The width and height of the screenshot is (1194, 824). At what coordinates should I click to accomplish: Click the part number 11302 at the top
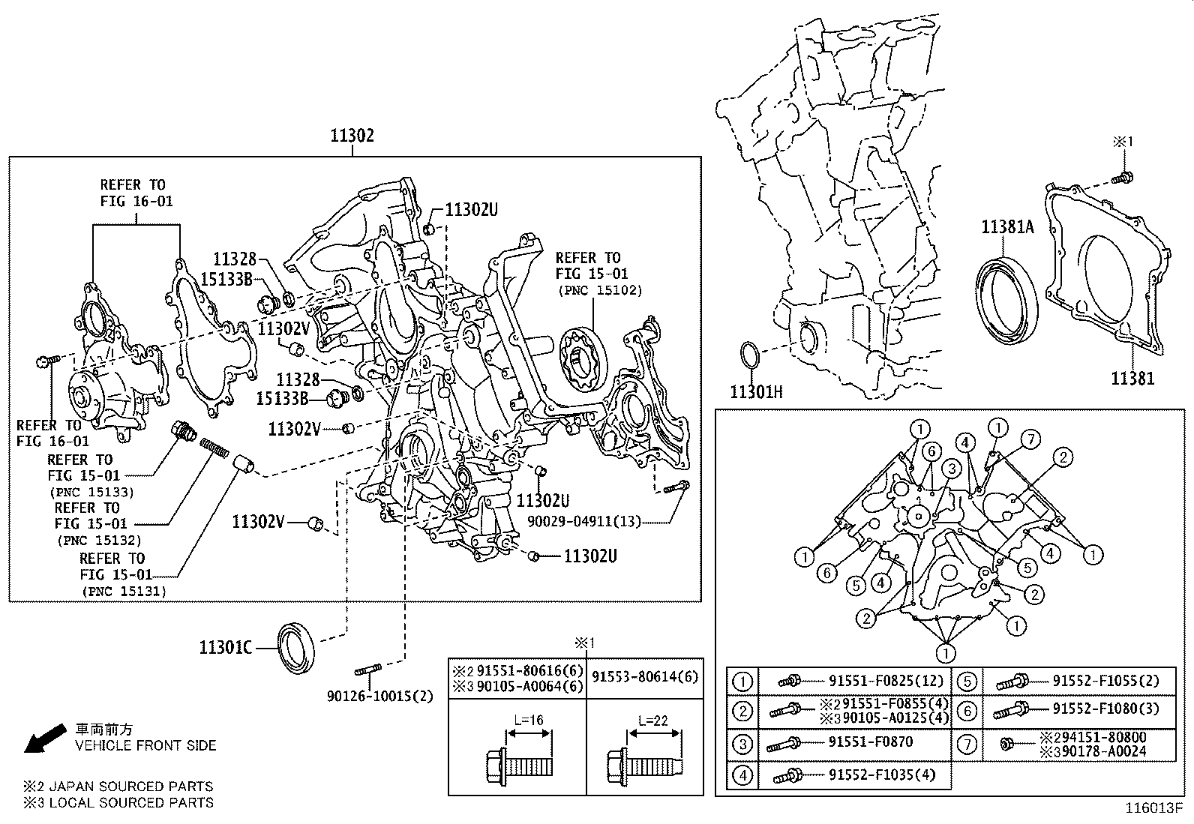pos(352,136)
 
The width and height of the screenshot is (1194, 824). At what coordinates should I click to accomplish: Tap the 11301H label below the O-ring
pos(756,392)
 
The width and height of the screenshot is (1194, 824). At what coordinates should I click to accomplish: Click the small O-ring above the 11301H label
pos(751,356)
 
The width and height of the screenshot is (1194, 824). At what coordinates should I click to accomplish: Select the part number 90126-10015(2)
pos(380,697)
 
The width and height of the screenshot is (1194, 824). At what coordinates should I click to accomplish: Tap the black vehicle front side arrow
pos(43,736)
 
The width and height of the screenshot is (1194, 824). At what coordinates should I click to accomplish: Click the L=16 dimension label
pos(529,720)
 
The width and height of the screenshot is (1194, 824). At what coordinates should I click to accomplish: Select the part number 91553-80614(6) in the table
pos(645,676)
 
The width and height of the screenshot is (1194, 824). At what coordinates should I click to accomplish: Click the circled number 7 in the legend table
pos(967,744)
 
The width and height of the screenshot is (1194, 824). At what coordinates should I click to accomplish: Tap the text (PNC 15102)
pos(599,290)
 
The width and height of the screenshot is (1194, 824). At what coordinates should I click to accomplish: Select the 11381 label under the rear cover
pos(1132,379)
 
